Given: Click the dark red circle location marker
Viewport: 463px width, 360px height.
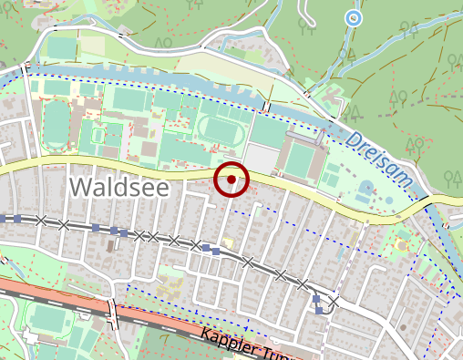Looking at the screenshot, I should pos(231,180).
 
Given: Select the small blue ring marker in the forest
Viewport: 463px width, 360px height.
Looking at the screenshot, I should pos(353,17).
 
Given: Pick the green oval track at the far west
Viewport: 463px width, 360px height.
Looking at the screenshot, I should pos(57,124).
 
